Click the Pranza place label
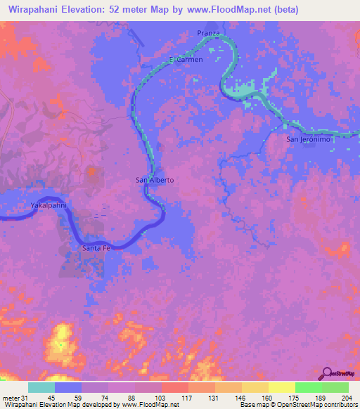pyautogui.click(x=209, y=33)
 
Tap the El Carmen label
pyautogui.click(x=186, y=60)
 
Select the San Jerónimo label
pyautogui.click(x=308, y=139)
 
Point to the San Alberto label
pyautogui.click(x=155, y=180)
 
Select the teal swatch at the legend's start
pyautogui.click(x=41, y=387)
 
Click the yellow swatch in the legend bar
pyautogui.click(x=281, y=387)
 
